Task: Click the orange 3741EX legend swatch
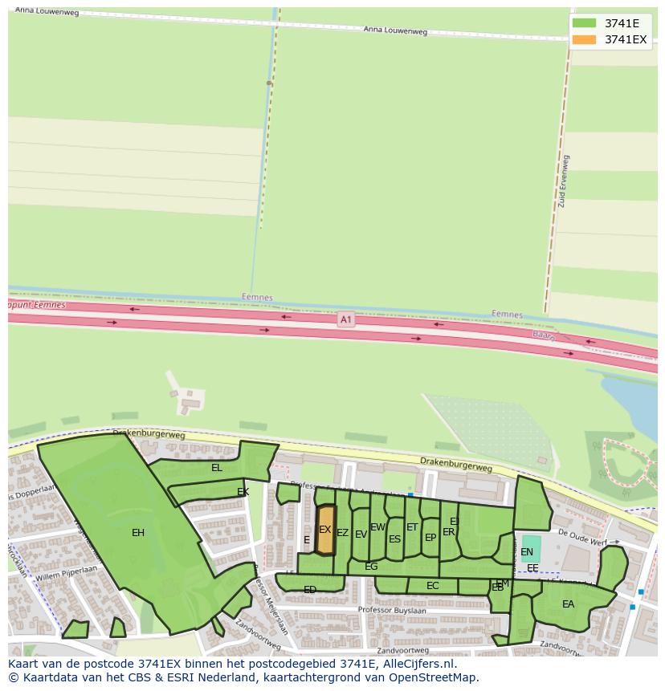[584, 39]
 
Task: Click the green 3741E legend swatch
[584, 23]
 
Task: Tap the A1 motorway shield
[345, 319]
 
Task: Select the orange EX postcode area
[325, 530]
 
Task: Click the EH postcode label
[138, 532]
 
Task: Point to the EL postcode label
[217, 467]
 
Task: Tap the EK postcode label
[243, 492]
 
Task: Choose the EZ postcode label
[342, 533]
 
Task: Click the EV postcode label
[361, 535]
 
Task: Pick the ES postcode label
[394, 539]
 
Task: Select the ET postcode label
[412, 527]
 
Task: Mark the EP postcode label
[430, 538]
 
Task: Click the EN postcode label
[527, 552]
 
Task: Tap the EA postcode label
[568, 604]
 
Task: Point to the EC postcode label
[433, 586]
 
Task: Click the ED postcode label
[310, 590]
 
